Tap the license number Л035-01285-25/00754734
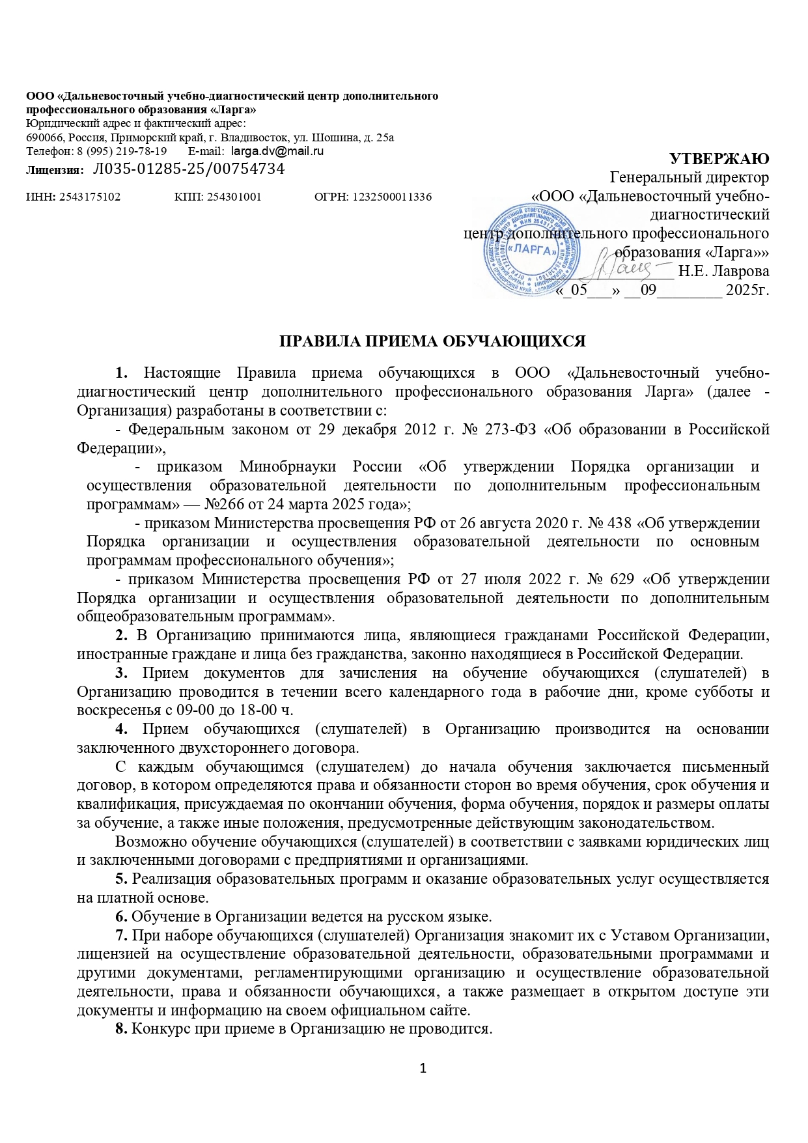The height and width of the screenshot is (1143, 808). click(189, 169)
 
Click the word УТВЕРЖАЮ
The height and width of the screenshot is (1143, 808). click(719, 159)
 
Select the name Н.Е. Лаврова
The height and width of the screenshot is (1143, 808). click(723, 270)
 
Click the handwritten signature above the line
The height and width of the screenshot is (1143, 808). click(639, 266)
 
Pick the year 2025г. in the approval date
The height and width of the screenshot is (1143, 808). click(748, 290)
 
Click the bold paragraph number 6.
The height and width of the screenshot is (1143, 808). click(120, 917)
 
